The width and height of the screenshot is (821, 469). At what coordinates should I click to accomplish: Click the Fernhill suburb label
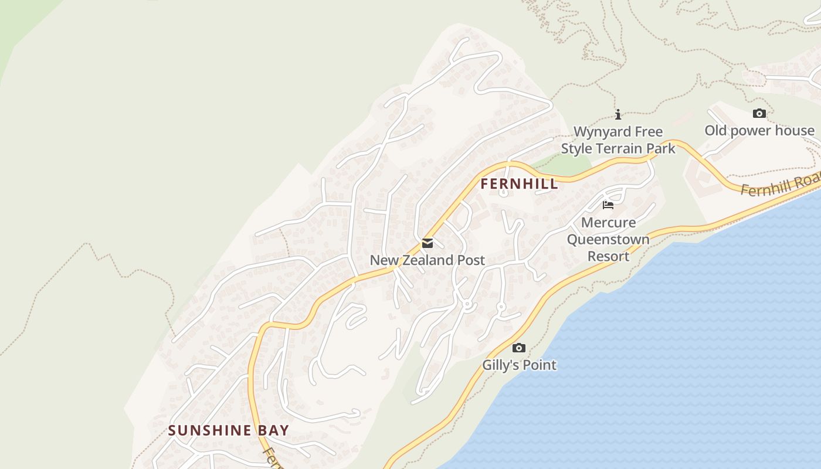tap(519, 183)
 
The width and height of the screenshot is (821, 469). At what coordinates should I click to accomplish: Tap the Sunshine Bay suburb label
tap(229, 430)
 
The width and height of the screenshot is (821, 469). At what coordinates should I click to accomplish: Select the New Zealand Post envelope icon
tap(428, 243)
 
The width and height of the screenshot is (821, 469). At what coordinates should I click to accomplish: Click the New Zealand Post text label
tap(428, 260)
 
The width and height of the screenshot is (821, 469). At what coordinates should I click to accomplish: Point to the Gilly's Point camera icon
tap(519, 348)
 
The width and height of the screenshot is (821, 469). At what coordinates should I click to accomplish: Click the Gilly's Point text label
tap(519, 365)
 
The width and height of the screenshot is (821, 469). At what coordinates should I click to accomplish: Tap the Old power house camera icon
tap(759, 113)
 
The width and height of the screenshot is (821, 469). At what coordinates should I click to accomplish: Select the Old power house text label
tap(759, 130)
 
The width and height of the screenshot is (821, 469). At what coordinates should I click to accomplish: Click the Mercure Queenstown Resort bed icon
tap(608, 205)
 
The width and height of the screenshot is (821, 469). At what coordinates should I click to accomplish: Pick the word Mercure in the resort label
tap(608, 223)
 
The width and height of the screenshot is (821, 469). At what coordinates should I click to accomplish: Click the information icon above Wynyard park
tap(618, 114)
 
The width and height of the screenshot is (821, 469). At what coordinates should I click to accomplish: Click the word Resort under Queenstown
tap(608, 256)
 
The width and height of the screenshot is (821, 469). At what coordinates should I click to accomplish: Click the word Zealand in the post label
tap(432, 260)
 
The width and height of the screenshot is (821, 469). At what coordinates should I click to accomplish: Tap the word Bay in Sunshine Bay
tap(273, 430)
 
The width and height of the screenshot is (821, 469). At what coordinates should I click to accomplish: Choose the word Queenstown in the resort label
tap(608, 239)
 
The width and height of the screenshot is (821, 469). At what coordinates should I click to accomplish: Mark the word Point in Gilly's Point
tap(539, 365)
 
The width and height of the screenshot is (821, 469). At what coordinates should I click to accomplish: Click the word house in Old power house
tap(795, 130)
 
